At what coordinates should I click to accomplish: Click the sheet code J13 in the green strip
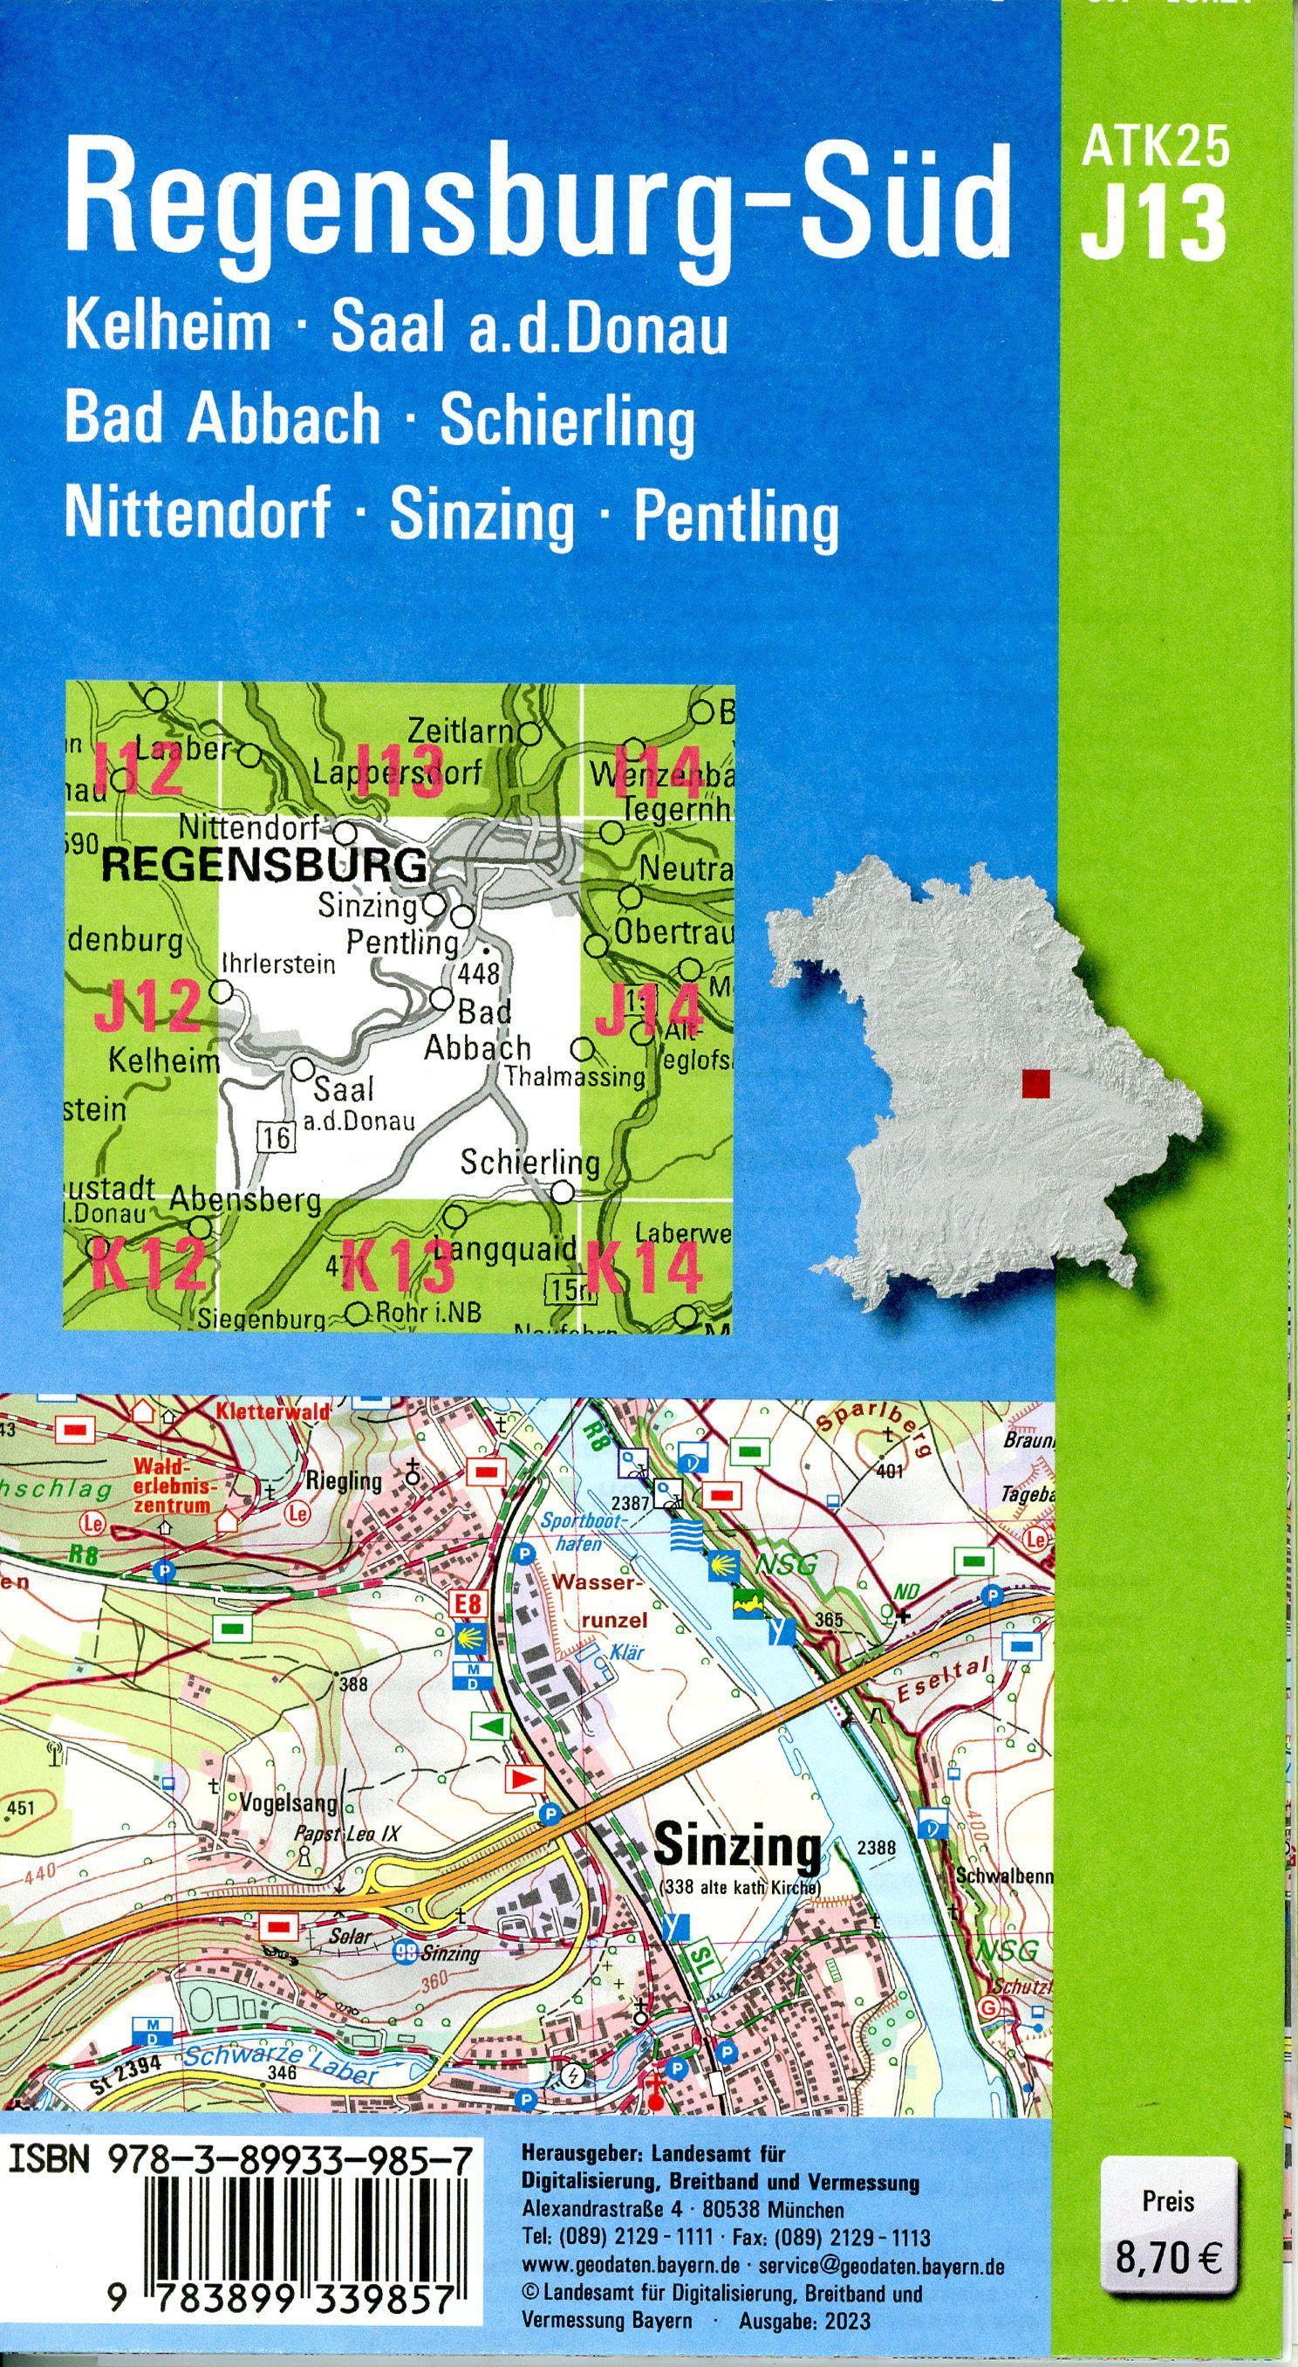pyautogui.click(x=1153, y=223)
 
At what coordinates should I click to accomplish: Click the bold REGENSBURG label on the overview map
pyautogui.click(x=263, y=866)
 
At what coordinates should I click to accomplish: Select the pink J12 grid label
pyautogui.click(x=147, y=1006)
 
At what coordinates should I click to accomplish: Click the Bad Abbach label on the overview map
pyautogui.click(x=479, y=1030)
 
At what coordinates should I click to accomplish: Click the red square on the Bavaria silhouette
pyautogui.click(x=1035, y=1083)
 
